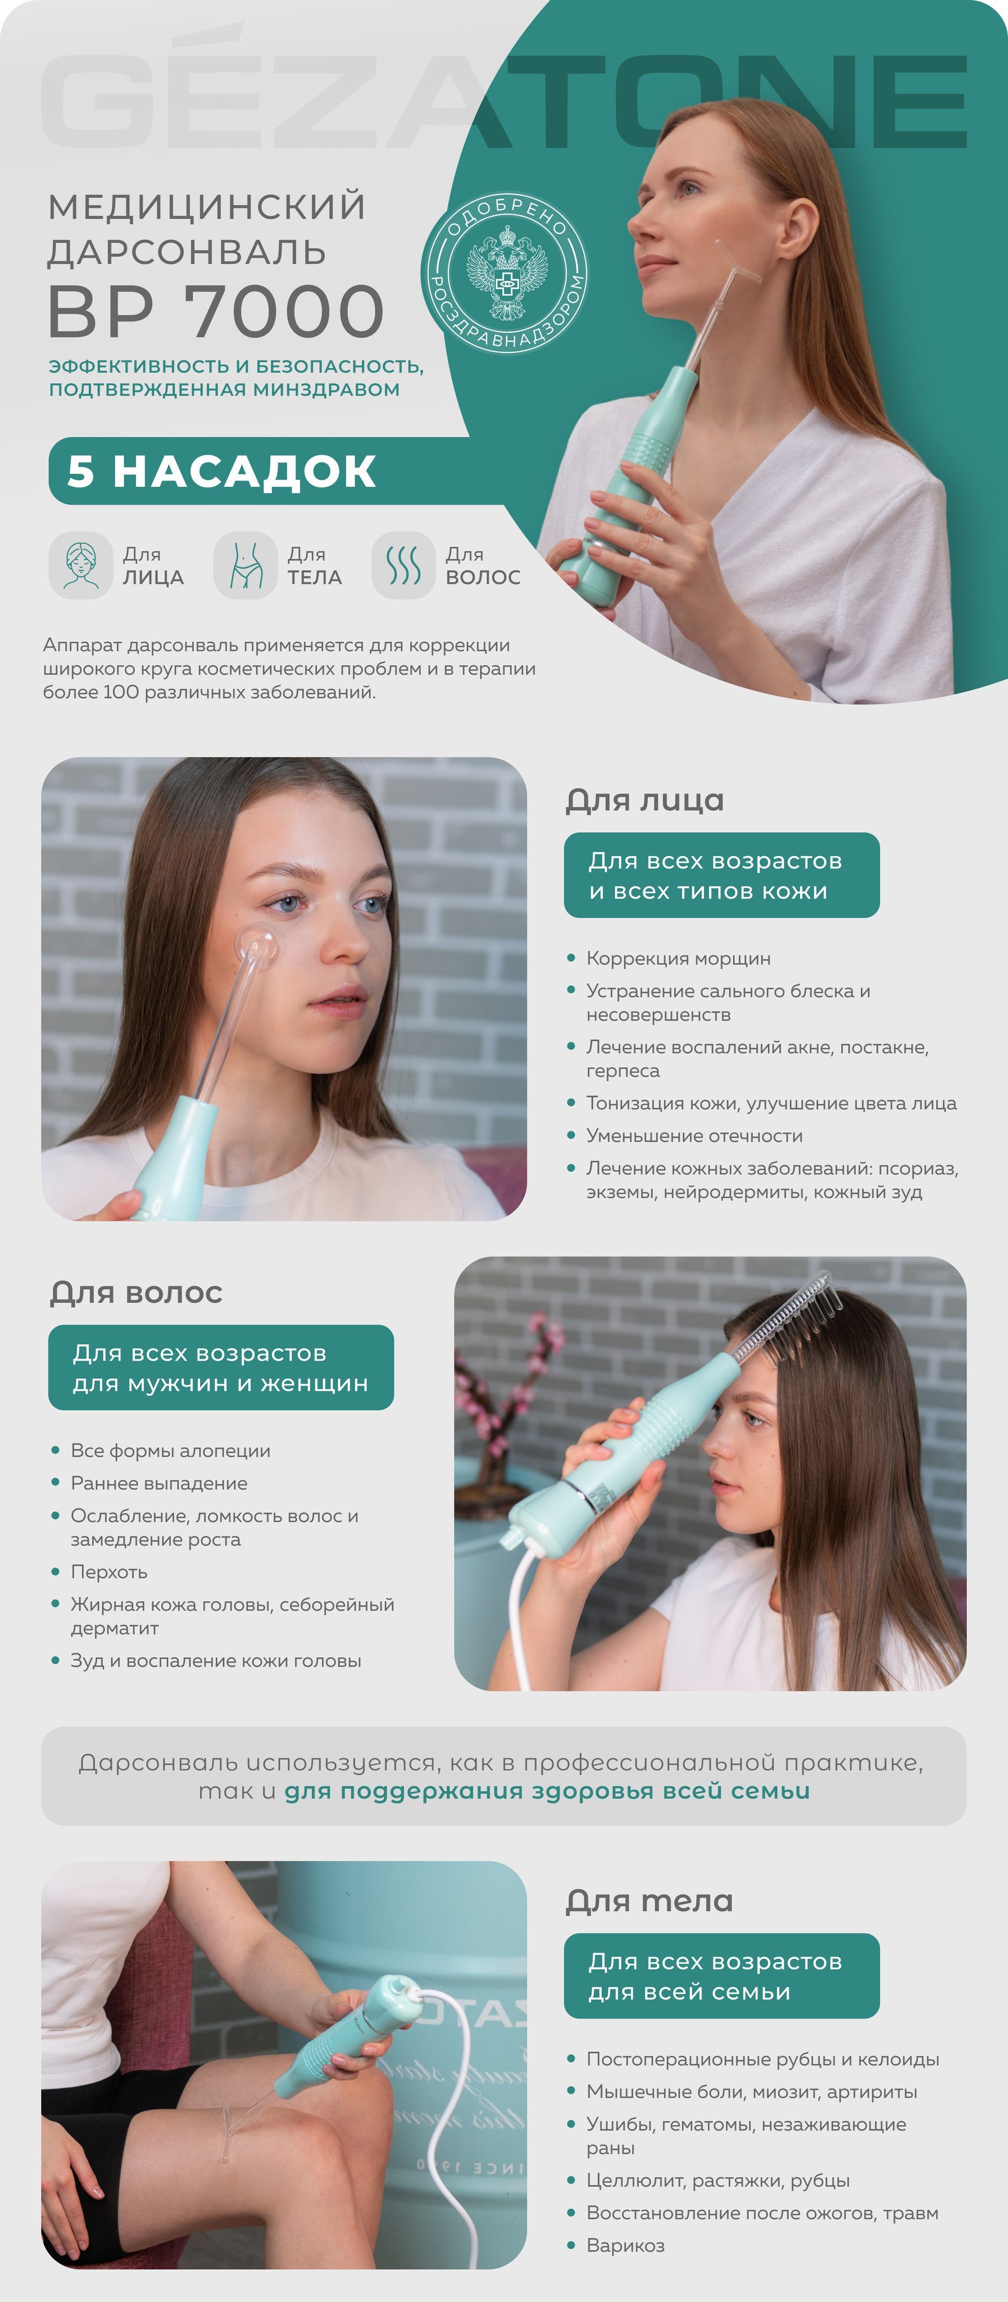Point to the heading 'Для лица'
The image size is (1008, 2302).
[644, 800]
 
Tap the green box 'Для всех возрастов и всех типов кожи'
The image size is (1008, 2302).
[721, 875]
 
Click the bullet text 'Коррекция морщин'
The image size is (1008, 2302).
[678, 959]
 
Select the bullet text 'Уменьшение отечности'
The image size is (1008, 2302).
[694, 1136]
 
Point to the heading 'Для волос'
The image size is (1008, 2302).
[136, 1292]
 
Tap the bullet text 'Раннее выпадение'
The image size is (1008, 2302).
[159, 1484]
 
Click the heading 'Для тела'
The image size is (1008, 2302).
[650, 1901]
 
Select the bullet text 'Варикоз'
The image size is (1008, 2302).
[625, 2246]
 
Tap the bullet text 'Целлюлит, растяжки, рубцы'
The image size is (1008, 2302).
[718, 2181]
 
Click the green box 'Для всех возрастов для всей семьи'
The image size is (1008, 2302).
[721, 1976]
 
